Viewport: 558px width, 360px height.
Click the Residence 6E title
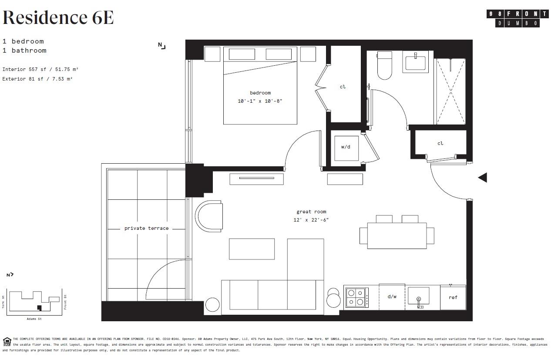[58, 18]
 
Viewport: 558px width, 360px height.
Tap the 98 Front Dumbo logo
[517, 18]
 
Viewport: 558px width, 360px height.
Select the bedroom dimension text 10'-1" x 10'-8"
[260, 101]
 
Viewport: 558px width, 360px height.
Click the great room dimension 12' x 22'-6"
[311, 220]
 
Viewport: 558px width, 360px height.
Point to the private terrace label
[146, 228]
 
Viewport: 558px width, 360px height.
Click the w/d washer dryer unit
[346, 147]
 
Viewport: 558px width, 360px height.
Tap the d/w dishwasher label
[392, 296]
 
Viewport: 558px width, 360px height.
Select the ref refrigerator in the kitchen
[453, 297]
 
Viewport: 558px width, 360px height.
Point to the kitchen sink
[418, 297]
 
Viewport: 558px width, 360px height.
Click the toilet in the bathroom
[384, 65]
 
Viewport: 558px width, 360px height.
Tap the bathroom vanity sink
[417, 61]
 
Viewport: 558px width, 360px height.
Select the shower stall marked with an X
[450, 91]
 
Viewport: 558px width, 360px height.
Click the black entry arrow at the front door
[482, 177]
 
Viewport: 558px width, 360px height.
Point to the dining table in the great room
[397, 236]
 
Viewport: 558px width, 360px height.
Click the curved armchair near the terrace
[209, 216]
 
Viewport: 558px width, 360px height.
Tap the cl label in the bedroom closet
[343, 87]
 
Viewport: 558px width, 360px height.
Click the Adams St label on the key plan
[34, 319]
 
